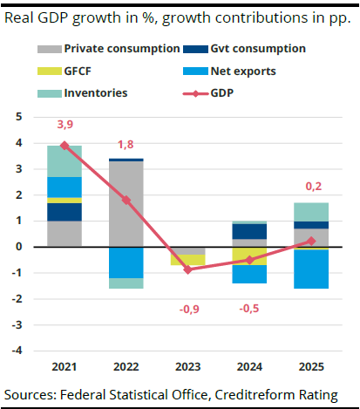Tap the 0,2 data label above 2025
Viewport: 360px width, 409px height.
(x=311, y=186)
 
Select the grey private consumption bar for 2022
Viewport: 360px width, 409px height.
(x=126, y=204)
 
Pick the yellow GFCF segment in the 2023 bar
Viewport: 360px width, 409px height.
(x=188, y=260)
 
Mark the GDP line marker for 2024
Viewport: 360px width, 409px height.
(x=250, y=260)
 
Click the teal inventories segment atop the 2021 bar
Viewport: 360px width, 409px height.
(x=65, y=161)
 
